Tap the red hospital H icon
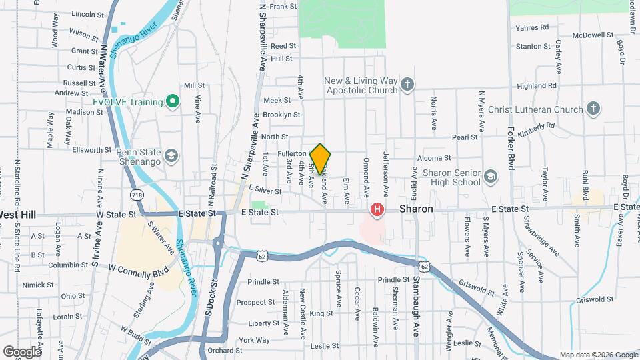[x=377, y=210]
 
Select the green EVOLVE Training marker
[x=173, y=101]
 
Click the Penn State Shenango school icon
[x=173, y=156]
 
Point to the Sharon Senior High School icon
[x=491, y=176]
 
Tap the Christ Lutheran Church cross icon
[x=593, y=109]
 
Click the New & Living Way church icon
[x=407, y=85]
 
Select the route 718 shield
[x=137, y=195]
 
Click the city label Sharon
[x=417, y=209]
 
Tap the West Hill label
[x=18, y=215]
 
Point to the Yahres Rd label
[x=532, y=28]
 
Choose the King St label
[x=321, y=313]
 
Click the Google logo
[x=22, y=351]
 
